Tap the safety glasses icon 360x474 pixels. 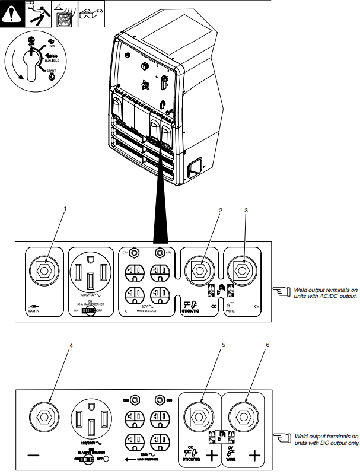point(89,12)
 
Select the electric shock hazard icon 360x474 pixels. point(35,12)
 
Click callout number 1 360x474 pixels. point(65,209)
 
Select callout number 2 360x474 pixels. point(220,210)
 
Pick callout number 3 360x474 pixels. point(246,210)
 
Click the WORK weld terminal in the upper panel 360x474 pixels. point(43,271)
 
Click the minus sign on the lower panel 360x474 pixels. point(34,455)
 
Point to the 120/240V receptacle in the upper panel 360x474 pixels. point(91,275)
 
